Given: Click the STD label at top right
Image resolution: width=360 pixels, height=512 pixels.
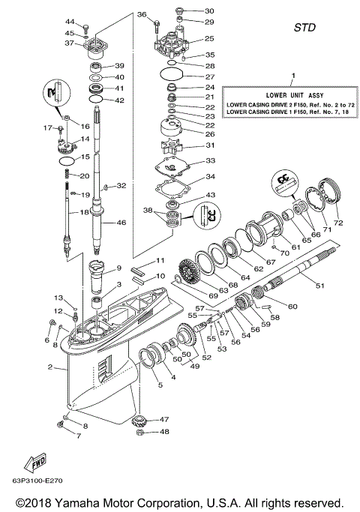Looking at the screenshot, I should click(304, 28).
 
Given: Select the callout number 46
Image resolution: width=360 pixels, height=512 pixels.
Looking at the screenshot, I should click(122, 223).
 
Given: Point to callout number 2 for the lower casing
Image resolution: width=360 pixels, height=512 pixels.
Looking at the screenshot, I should click(49, 367).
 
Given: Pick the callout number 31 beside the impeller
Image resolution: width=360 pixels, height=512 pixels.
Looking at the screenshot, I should click(211, 145).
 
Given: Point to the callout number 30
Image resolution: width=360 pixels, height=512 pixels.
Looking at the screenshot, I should click(209, 11).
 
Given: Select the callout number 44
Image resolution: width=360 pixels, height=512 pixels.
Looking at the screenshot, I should click(70, 22).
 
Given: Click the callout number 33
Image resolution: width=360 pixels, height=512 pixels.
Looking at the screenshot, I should click(211, 161).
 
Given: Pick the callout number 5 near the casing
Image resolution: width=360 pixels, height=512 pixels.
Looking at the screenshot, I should click(158, 388).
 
